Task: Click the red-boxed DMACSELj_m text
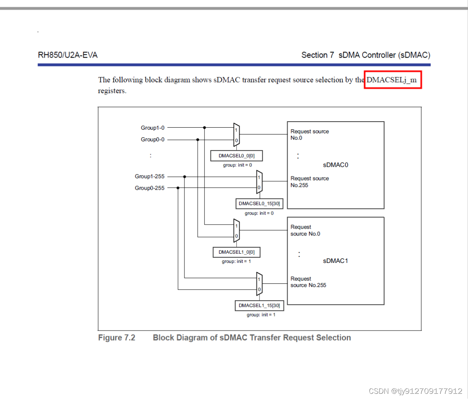[x=391, y=80]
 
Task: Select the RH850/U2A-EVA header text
[x=68, y=55]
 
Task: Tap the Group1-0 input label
[x=152, y=128]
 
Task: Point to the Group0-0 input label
[x=152, y=140]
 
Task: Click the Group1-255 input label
[x=150, y=176]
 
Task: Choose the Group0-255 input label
[x=150, y=188]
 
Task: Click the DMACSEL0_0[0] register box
[x=237, y=156]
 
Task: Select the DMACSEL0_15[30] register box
[x=259, y=203]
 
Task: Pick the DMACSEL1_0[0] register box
[x=236, y=252]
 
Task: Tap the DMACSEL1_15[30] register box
[x=259, y=305]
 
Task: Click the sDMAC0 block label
[x=336, y=165]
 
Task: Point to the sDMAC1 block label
[x=336, y=261]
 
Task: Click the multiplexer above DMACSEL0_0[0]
[x=236, y=135]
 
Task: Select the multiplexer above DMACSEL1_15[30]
[x=259, y=284]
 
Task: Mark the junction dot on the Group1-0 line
[x=204, y=128]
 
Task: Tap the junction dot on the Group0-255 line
[x=178, y=188]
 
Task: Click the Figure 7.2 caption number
[x=117, y=338]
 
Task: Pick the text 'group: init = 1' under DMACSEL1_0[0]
[x=236, y=261]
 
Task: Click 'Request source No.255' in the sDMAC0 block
[x=310, y=182]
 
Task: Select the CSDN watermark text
[x=416, y=391]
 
